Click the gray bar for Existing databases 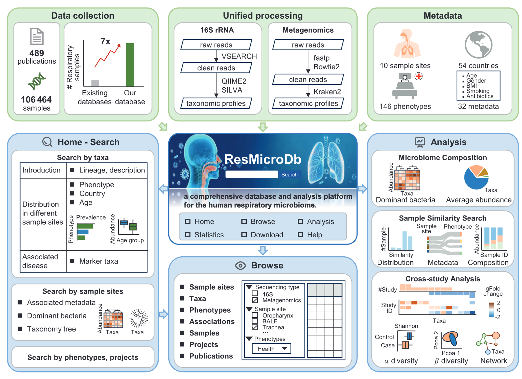pos(95,83)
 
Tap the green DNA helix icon pos(37,81)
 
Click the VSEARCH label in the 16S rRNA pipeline pos(239,56)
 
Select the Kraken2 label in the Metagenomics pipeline pos(327,92)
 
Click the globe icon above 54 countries pos(478,45)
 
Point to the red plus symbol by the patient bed pos(419,76)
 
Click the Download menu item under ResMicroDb pos(267,235)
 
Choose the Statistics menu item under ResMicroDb pos(209,235)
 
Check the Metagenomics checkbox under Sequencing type pos(255,300)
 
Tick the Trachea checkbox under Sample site pos(255,327)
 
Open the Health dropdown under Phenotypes pos(271,349)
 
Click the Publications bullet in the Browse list pos(211,356)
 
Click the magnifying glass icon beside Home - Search pos(47,142)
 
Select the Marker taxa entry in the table pos(98,261)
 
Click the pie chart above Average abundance pos(476,177)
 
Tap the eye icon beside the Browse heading pos(240,265)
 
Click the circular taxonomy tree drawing pos(138,318)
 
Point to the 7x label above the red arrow pos(105,41)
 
